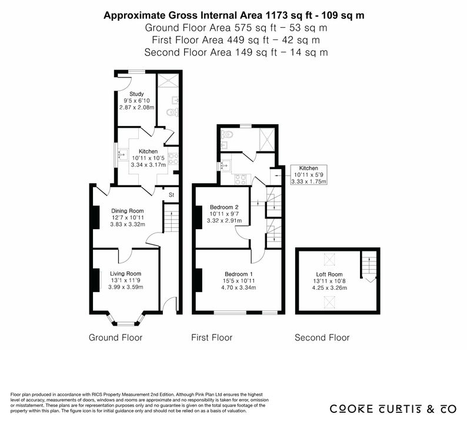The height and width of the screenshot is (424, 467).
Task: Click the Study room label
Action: pos(136,94)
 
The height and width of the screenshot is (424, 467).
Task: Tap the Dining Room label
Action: pos(128,211)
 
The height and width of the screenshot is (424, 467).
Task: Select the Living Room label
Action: pos(126,274)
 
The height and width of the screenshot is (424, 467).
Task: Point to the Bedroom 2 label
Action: pos(224,207)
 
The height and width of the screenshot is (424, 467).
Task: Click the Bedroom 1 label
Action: pos(239,274)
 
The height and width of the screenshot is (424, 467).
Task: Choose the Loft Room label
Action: pos(329,274)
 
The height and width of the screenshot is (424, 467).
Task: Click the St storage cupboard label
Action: pos(171,195)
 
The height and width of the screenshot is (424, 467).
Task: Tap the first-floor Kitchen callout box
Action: pos(309,175)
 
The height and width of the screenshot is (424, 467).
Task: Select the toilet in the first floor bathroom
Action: pos(227,135)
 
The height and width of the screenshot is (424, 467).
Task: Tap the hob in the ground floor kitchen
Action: pos(174,158)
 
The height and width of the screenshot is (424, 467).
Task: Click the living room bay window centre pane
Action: pos(126,323)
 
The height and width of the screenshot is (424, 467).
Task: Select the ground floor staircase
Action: pos(171,218)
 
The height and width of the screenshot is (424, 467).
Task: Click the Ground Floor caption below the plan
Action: pos(115,337)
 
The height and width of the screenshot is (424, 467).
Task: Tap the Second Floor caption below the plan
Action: pos(322,337)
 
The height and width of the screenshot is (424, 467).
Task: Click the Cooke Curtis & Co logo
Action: pos(393,409)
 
